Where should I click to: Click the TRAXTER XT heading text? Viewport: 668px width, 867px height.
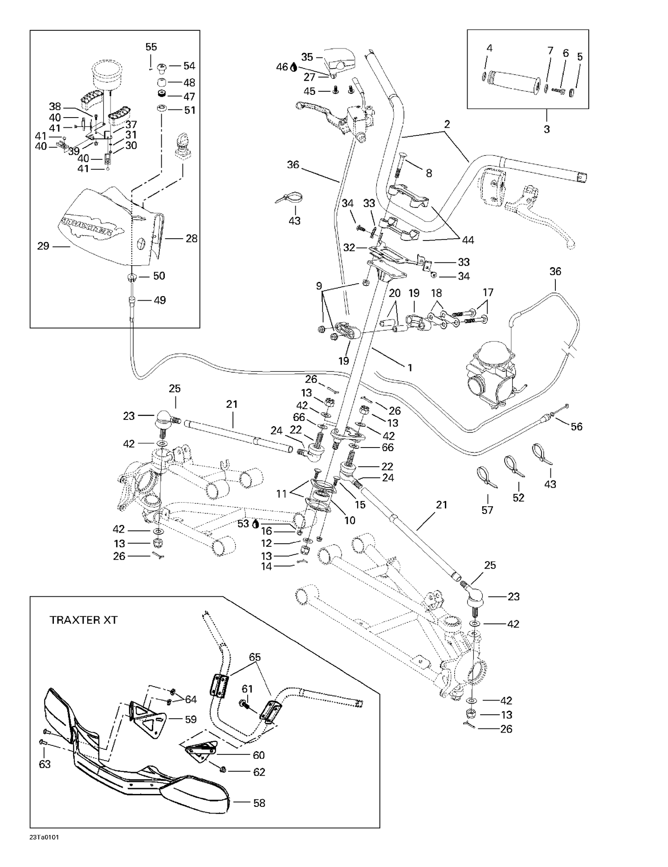point(83,620)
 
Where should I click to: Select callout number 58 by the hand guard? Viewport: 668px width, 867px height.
point(259,803)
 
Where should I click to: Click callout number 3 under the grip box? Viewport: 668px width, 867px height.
point(546,129)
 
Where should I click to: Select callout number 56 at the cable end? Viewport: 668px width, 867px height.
point(576,427)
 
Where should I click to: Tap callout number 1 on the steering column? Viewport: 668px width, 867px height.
point(410,368)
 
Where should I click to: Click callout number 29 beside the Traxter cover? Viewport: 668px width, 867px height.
point(43,246)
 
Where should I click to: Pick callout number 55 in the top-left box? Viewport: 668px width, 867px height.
point(151,47)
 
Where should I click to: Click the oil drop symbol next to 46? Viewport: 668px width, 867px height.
point(293,67)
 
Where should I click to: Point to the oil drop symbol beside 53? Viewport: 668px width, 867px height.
point(255,524)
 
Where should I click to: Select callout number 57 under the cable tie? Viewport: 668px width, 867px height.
point(487,509)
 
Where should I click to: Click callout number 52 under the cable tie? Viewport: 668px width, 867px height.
point(518,497)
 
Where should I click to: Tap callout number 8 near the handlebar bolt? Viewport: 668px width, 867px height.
point(429,173)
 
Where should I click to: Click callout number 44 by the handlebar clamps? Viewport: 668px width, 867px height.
point(468,240)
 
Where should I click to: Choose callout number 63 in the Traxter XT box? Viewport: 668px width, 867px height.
point(45,764)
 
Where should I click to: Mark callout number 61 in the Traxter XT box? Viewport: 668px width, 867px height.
point(247,689)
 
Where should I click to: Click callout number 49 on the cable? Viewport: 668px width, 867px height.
point(159,300)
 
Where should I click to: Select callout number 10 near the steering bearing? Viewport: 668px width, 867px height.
point(350,520)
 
